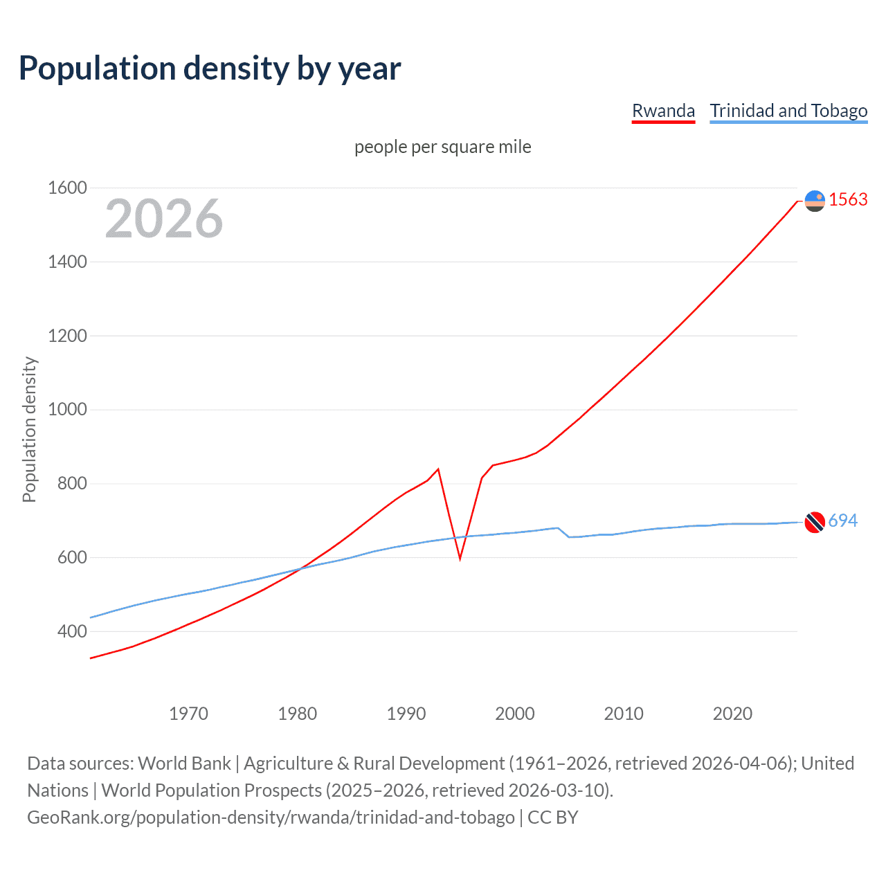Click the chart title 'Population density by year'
[210, 69]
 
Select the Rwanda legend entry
[663, 111]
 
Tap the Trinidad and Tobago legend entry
[788, 111]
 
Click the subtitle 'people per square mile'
[442, 147]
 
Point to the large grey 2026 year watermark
[164, 219]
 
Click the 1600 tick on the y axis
[67, 188]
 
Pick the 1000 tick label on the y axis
[67, 409]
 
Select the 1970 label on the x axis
[188, 714]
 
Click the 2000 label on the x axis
[514, 714]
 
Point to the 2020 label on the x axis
[732, 714]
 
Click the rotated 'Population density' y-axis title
[29, 429]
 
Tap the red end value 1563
[848, 199]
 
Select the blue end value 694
[842, 521]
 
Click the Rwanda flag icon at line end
[815, 201]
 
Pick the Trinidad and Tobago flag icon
[815, 522]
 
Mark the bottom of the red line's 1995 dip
[460, 558]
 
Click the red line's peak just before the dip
[438, 469]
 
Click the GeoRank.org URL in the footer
[271, 817]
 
